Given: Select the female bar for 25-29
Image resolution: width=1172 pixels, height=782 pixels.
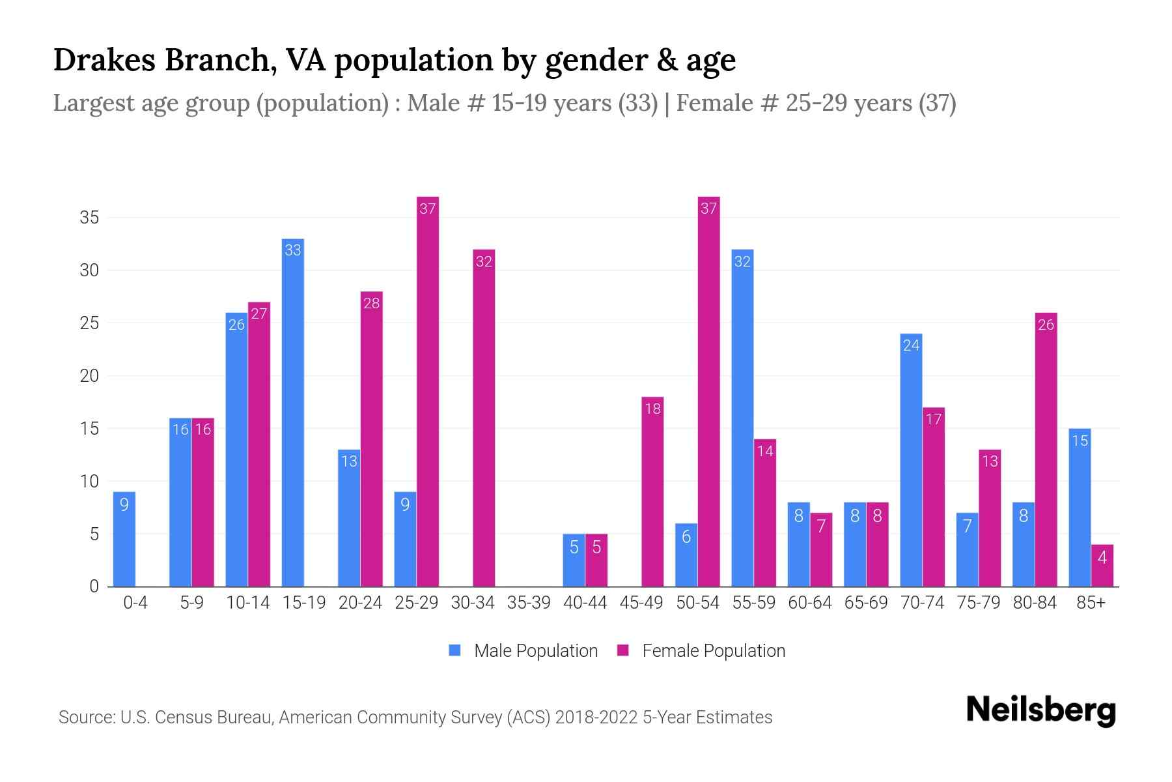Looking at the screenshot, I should tap(428, 391).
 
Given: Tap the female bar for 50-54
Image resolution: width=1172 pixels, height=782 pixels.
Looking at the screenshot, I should tap(708, 391).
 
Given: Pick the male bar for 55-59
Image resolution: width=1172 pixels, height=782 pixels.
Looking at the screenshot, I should tap(742, 418).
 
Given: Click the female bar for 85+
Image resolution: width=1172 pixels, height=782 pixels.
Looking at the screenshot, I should tap(1102, 566).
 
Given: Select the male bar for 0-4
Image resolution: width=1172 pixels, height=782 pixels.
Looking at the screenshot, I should tap(124, 539).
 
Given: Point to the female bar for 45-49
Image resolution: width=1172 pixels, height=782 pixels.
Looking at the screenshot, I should tap(652, 491).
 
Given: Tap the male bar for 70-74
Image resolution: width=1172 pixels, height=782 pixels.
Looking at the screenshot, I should tap(911, 460).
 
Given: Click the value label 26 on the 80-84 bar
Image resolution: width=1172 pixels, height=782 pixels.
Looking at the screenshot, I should tap(1046, 325).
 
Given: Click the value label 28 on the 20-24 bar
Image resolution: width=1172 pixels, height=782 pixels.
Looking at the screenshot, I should tap(371, 303).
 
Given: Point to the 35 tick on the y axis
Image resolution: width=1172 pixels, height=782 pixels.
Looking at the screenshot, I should tap(89, 218).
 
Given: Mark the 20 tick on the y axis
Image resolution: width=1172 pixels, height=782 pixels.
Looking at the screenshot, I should tap(89, 376).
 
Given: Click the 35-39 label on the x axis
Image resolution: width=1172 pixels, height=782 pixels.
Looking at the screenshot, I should tap(529, 603).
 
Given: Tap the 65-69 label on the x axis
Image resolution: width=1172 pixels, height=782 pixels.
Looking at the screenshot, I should tap(865, 603).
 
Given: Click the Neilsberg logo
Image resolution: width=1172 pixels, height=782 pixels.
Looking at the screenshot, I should tap(1040, 710).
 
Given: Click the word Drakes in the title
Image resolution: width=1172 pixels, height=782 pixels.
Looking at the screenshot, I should tap(104, 60).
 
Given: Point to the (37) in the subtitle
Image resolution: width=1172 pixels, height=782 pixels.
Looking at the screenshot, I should tap(937, 103).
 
